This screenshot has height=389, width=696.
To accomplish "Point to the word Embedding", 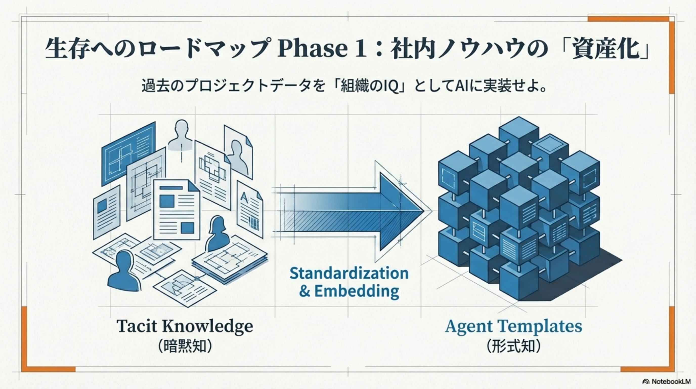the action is pos(357,291).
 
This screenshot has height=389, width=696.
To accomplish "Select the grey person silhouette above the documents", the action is pos(180,134).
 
